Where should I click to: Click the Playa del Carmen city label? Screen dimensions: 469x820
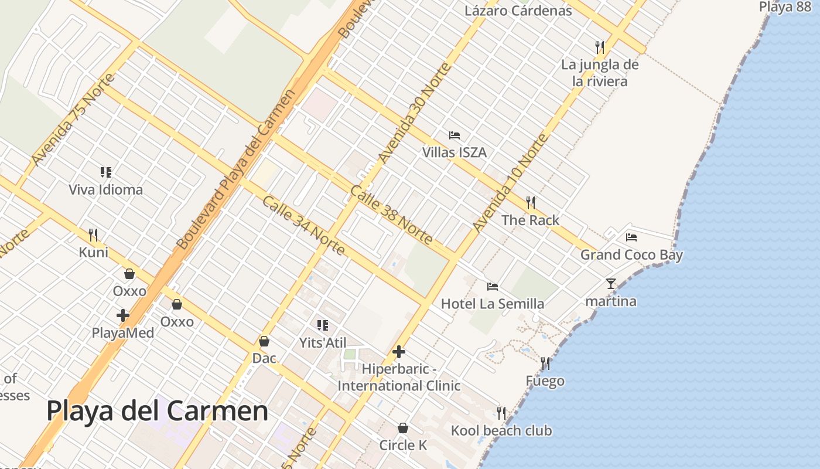click(157, 411)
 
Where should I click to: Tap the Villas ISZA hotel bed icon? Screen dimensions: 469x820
click(455, 135)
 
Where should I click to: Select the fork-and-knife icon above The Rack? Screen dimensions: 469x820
click(531, 203)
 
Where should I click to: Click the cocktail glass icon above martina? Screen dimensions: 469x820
click(611, 284)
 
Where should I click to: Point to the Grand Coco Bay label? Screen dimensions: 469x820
click(631, 255)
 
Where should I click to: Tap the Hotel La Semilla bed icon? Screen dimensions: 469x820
click(493, 287)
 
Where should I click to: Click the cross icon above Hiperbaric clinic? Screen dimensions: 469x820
click(399, 352)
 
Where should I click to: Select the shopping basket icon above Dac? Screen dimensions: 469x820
click(264, 341)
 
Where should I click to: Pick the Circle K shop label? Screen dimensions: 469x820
click(403, 445)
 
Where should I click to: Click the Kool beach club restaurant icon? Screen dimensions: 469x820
click(501, 413)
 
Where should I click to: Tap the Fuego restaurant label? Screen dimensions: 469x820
click(545, 381)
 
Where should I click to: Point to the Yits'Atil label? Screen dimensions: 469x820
click(323, 343)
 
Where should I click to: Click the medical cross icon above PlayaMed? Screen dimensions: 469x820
click(123, 315)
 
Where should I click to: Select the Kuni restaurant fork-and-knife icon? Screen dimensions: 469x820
click(93, 235)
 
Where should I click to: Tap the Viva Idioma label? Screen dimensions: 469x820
click(105, 189)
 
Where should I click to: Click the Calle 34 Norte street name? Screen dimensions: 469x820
click(303, 226)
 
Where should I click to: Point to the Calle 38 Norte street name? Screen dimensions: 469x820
click(392, 215)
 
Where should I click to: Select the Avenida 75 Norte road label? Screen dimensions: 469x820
click(73, 119)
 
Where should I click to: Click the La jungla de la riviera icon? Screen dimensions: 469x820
click(599, 47)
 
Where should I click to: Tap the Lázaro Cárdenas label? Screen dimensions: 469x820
click(518, 11)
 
